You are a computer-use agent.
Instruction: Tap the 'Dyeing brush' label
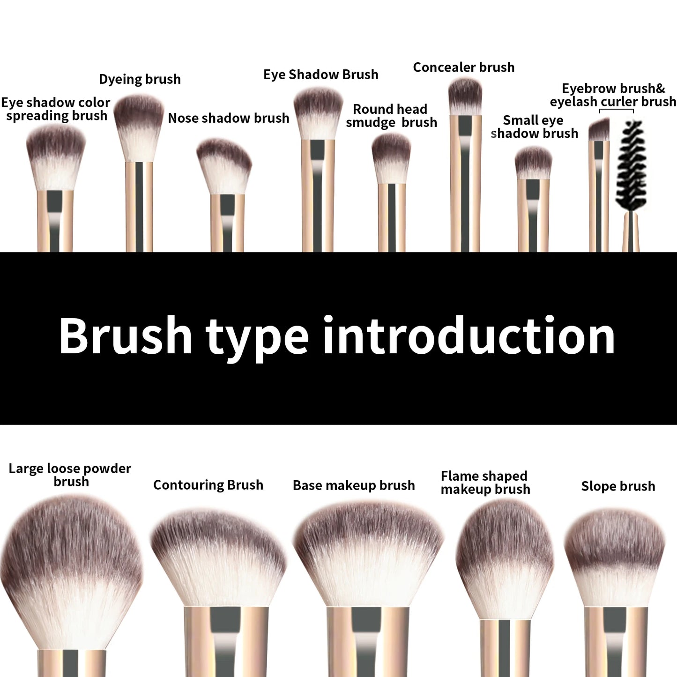(x=140, y=79)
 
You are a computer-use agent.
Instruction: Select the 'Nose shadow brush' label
(x=228, y=118)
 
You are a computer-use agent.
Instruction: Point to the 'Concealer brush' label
(x=463, y=67)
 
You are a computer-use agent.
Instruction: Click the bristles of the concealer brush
(x=465, y=96)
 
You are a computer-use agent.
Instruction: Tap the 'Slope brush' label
(x=618, y=486)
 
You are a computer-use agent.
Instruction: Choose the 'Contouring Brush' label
(x=208, y=485)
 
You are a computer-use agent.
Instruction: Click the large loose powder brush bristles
(x=70, y=572)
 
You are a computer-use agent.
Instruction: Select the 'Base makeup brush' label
(x=354, y=485)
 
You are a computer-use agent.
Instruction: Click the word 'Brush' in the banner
(x=126, y=335)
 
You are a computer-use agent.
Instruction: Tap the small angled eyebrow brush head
(x=599, y=130)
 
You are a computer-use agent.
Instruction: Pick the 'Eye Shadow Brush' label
(x=320, y=74)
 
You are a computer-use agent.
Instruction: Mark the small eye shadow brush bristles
(x=533, y=163)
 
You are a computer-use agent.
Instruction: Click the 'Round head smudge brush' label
(x=391, y=116)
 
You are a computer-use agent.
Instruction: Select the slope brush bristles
(x=615, y=558)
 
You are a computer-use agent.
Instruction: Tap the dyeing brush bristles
(x=139, y=126)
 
